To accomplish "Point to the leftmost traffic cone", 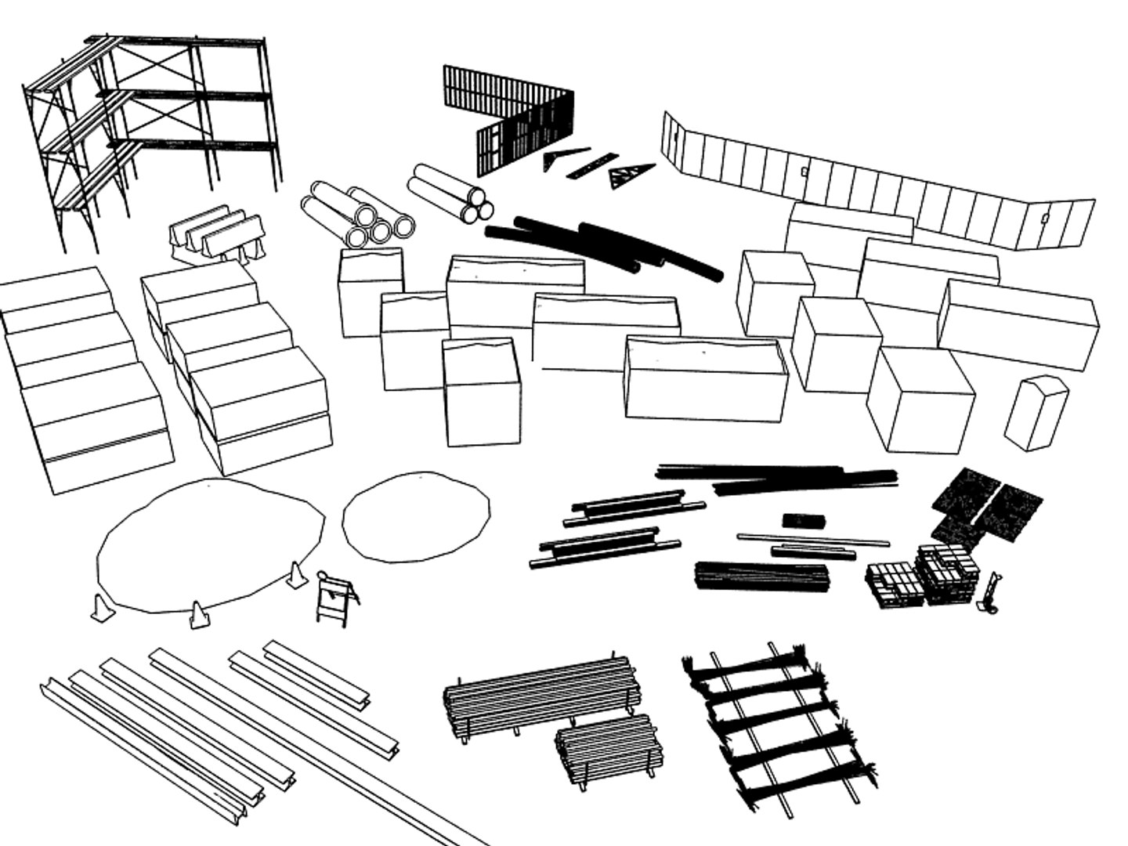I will (101, 609).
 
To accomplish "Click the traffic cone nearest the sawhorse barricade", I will (296, 576).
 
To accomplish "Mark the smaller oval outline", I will (416, 516).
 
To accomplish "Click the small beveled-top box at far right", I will (1036, 414).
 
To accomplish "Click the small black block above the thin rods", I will (804, 521).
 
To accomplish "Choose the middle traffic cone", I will (199, 614).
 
